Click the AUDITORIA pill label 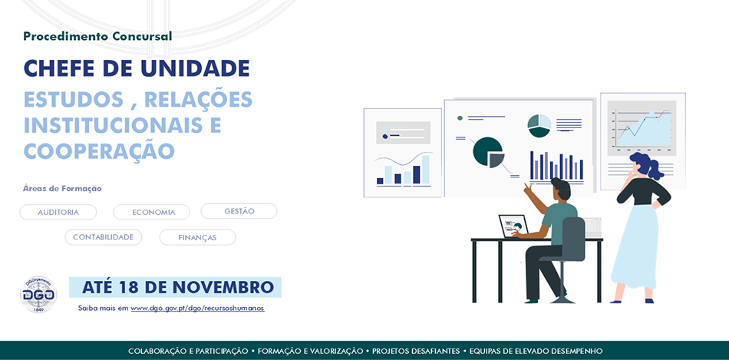pos(58,213)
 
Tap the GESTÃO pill pos(239,211)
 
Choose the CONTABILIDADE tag pos(104,237)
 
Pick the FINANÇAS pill pos(197,238)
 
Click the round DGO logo pos(38,295)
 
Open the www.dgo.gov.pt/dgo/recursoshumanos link pos(197,309)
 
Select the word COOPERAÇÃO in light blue pos(99,150)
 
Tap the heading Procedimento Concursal pos(97,36)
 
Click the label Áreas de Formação pos(62,188)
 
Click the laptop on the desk pos(513,226)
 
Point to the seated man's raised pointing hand pos(528,188)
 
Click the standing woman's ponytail pos(655,170)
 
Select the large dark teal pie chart pos(488,152)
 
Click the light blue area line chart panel pos(642,129)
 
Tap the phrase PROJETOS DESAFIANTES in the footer pos(416,351)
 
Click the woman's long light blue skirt pos(635,246)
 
